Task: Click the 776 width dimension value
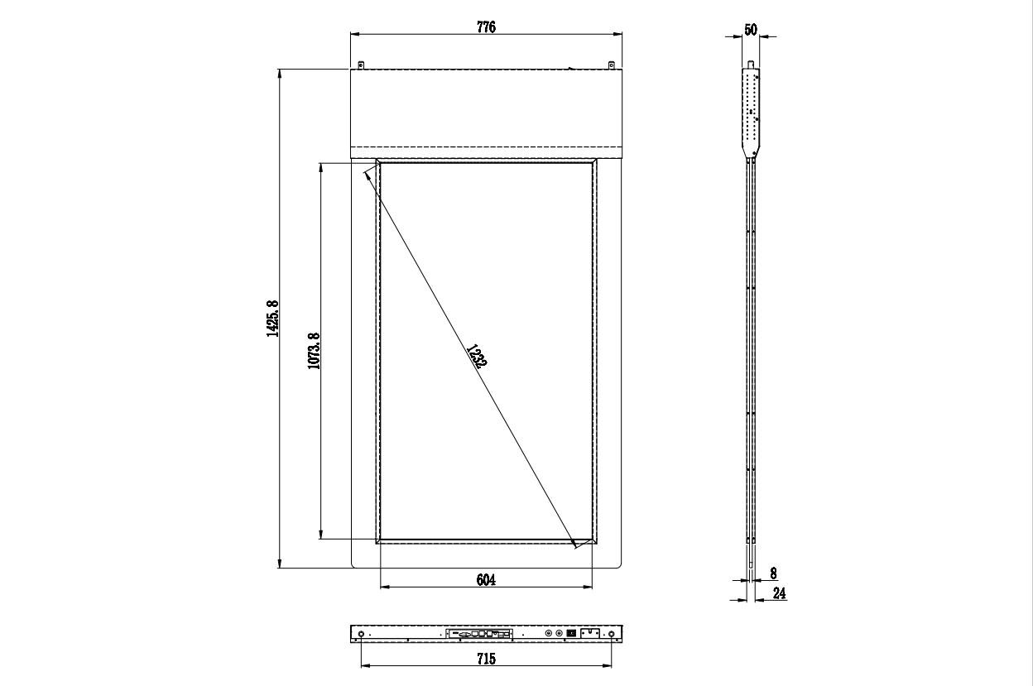coord(486,27)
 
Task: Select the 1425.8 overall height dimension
coord(272,319)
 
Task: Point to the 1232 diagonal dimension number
coord(477,357)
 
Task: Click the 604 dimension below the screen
coord(486,579)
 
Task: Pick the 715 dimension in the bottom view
coord(486,659)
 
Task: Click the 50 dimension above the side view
coord(751,30)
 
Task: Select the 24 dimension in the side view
coord(779,592)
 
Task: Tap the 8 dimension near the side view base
coord(773,573)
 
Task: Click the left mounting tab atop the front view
coord(361,65)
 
